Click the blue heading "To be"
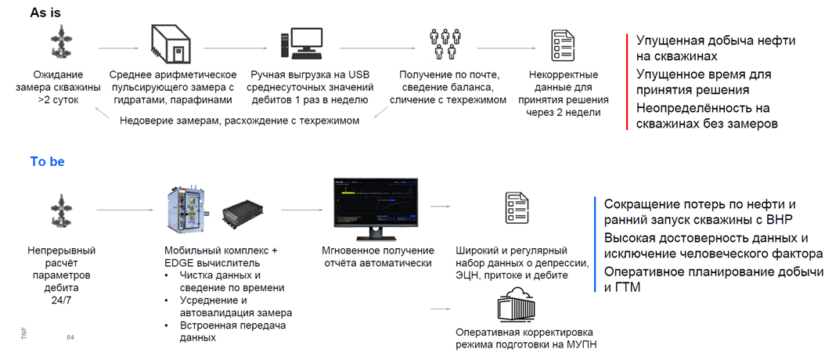[x=48, y=162]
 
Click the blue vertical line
[x=596, y=244]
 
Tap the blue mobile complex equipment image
[x=188, y=211]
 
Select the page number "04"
[x=70, y=338]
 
